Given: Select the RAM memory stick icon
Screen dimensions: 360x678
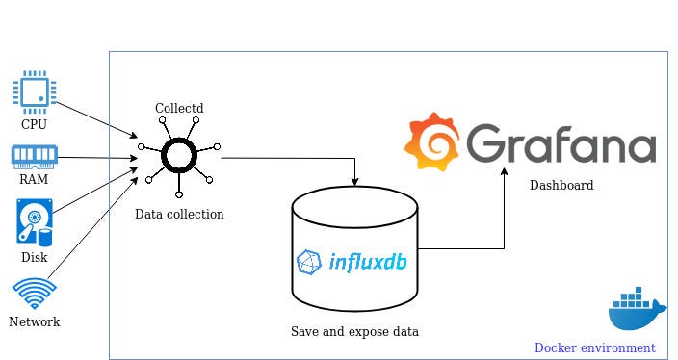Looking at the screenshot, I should pyautogui.click(x=34, y=155).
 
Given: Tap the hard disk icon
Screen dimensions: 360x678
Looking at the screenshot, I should pyautogui.click(x=34, y=221).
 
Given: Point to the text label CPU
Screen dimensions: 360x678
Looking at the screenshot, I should pyautogui.click(x=34, y=124).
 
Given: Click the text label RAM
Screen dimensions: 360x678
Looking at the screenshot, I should pyautogui.click(x=34, y=178).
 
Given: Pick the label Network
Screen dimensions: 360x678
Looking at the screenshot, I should pyautogui.click(x=34, y=322).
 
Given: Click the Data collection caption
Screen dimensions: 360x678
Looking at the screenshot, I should pyautogui.click(x=179, y=214).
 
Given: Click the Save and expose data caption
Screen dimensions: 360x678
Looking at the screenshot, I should pyautogui.click(x=355, y=331).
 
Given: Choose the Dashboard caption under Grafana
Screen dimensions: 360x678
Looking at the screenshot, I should pyautogui.click(x=561, y=185).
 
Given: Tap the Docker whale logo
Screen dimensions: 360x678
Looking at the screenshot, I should pyautogui.click(x=637, y=310).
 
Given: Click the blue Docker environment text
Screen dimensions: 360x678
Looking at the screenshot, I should pyautogui.click(x=594, y=347).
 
